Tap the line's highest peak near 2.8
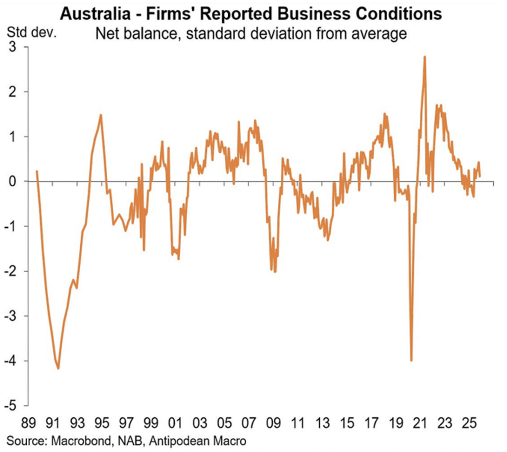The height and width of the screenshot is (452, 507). click(425, 57)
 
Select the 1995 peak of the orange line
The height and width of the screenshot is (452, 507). click(101, 115)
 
